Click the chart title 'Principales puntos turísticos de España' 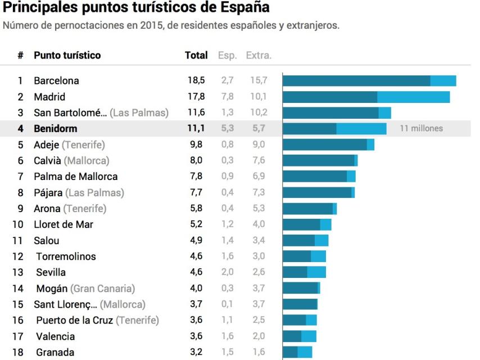point(136,8)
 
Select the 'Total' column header point(196,56)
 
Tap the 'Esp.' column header point(227,56)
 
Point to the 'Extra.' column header point(259,56)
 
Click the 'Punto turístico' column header point(67,56)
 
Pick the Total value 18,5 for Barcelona point(196,80)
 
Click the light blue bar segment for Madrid point(413,97)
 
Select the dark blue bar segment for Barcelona point(356,80)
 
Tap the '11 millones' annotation point(421,128)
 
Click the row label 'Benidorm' point(55,128)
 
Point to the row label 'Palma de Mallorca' point(75,177)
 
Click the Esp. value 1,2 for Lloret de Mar point(227,224)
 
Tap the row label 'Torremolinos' point(66,256)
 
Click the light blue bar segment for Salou point(321,241)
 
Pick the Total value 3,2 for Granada point(196,353)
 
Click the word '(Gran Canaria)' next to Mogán point(102,289)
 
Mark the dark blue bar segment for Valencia point(292,336)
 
